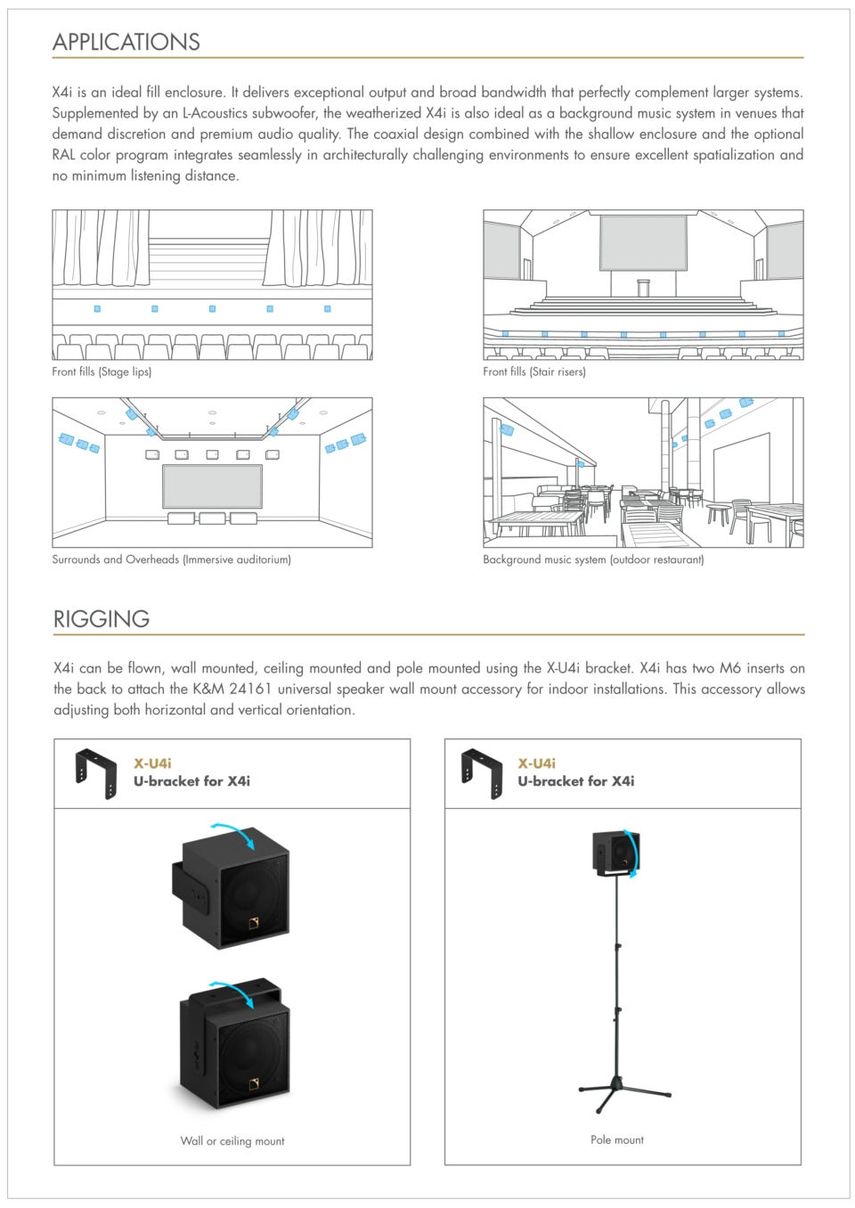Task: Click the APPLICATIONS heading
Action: click(x=126, y=42)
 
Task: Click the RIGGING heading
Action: click(x=102, y=618)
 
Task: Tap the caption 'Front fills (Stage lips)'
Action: click(x=102, y=371)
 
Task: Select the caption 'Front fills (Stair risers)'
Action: click(x=534, y=371)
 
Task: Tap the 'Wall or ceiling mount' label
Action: click(x=232, y=1140)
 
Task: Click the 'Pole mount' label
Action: click(x=617, y=1139)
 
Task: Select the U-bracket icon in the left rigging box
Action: click(x=96, y=773)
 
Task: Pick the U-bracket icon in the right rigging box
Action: click(x=482, y=773)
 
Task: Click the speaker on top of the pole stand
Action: click(x=616, y=853)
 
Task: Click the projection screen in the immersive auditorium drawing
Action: click(x=212, y=486)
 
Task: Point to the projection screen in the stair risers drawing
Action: click(x=643, y=242)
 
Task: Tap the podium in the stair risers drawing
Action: click(x=643, y=288)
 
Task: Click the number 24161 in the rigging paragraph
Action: click(x=250, y=689)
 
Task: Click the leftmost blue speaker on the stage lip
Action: click(x=97, y=309)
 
